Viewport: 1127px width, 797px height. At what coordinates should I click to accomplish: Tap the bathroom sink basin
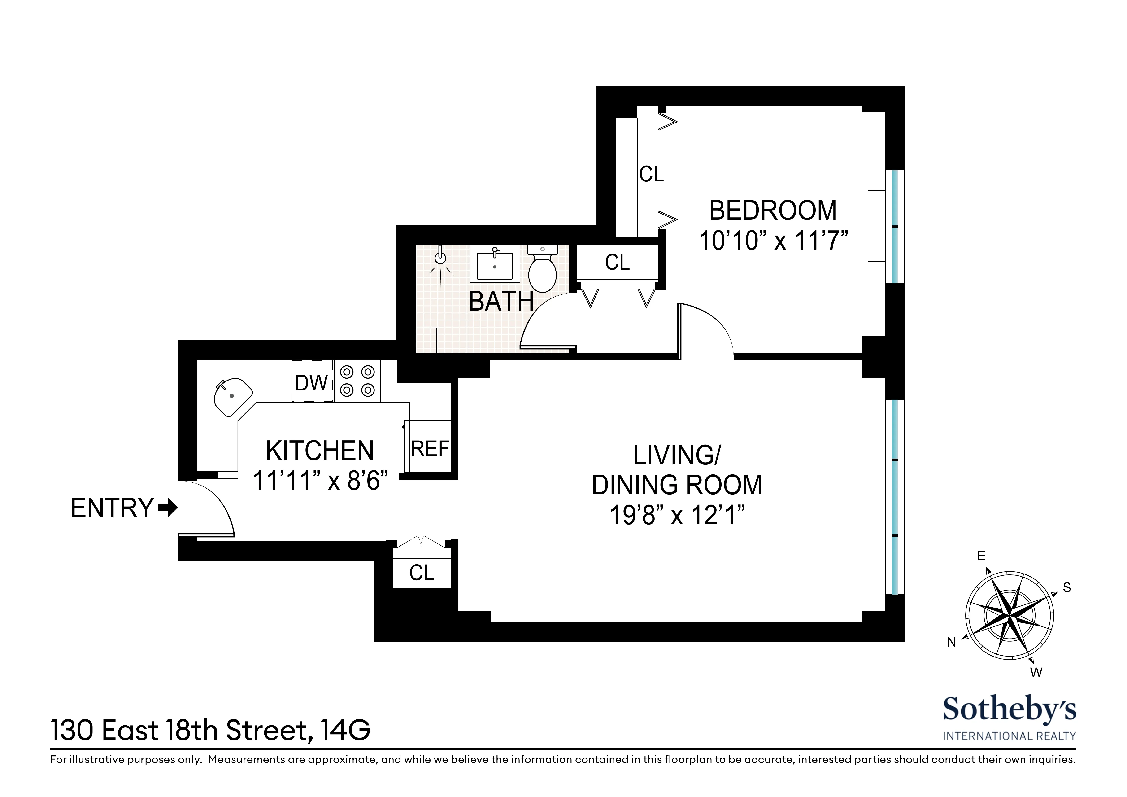[494, 266]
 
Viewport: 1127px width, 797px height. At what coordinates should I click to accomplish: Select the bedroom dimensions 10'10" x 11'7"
[773, 241]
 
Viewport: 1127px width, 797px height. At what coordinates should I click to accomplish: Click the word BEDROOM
[773, 211]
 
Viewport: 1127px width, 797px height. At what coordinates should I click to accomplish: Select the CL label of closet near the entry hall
[422, 573]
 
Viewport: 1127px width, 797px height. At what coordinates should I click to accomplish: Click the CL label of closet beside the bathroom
[617, 262]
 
